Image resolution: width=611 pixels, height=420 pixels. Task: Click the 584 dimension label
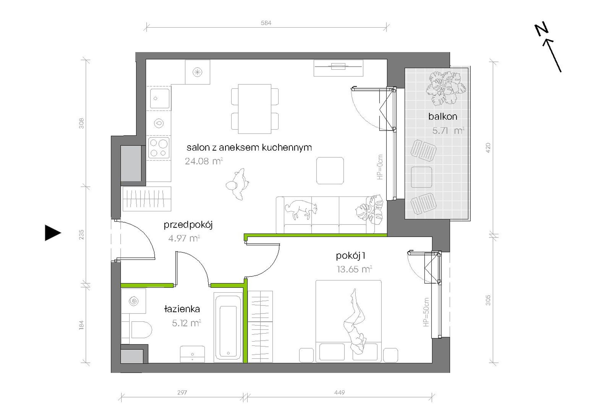266,23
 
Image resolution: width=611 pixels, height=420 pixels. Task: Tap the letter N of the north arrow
541,29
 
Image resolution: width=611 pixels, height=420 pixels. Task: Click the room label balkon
442,116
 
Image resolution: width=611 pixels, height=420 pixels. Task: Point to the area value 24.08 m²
204,161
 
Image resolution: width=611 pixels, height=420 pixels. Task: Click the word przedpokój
188,224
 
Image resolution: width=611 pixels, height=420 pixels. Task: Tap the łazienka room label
182,309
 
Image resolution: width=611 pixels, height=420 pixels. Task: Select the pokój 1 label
351,256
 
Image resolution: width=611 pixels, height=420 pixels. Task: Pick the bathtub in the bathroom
228,327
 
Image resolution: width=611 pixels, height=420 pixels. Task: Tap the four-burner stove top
159,148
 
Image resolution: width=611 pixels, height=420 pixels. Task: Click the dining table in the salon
254,109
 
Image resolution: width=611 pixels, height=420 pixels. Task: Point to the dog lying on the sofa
301,209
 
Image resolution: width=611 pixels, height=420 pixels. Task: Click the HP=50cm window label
426,312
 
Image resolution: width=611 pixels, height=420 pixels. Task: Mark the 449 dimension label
339,392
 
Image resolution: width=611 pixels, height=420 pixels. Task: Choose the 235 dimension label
81,234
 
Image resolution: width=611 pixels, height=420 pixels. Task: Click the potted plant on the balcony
446,88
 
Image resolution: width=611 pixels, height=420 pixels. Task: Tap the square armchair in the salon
330,170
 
